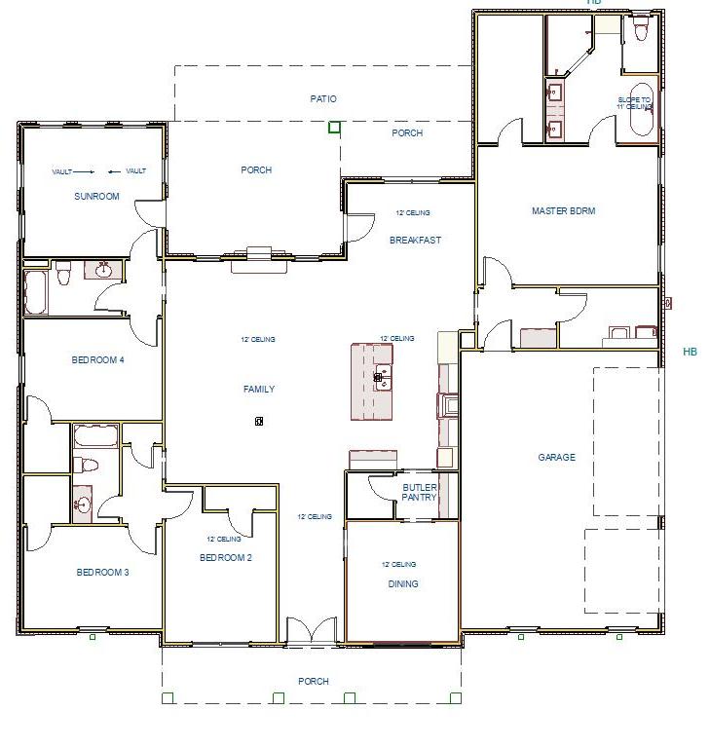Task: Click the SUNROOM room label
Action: click(x=96, y=197)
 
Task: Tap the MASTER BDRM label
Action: click(x=563, y=211)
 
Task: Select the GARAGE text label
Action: click(x=556, y=457)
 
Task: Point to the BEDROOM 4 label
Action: click(x=97, y=360)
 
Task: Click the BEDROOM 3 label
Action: click(x=102, y=573)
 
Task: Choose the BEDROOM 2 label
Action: click(x=225, y=558)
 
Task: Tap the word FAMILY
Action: click(x=258, y=390)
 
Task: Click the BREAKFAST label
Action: click(x=415, y=241)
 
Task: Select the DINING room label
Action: click(x=402, y=584)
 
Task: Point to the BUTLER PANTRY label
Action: click(x=420, y=493)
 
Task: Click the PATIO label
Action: click(x=323, y=99)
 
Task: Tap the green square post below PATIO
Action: click(x=334, y=127)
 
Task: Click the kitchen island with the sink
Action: click(x=372, y=381)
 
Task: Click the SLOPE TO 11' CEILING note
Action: click(x=634, y=103)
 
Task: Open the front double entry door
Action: click(x=312, y=630)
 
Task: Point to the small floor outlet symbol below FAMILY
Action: click(x=259, y=421)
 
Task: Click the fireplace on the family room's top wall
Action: click(x=258, y=254)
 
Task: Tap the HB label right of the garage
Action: click(x=690, y=352)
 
